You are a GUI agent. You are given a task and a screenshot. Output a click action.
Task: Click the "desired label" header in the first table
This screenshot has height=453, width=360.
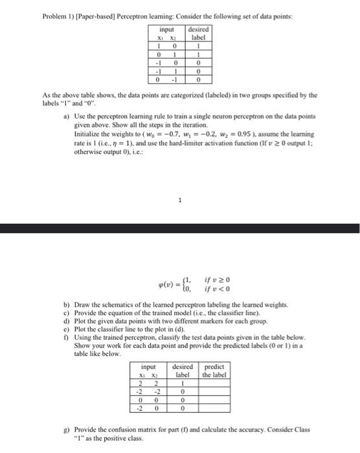[197, 34]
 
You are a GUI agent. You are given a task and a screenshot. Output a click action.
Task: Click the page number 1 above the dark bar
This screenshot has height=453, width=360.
[181, 201]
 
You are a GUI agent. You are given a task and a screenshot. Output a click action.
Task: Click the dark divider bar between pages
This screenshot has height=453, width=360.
[180, 228]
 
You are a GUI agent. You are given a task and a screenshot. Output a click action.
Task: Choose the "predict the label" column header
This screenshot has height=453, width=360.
[215, 371]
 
